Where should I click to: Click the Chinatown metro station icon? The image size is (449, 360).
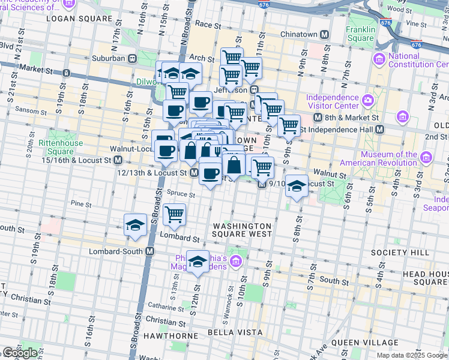[x=325, y=34]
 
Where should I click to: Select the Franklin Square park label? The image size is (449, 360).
[x=360, y=34]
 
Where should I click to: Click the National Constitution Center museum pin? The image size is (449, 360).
[x=379, y=59]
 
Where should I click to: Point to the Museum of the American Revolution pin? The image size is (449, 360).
[x=426, y=158]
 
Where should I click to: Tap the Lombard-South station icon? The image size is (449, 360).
[x=149, y=251]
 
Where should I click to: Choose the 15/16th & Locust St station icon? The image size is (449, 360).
[x=118, y=160]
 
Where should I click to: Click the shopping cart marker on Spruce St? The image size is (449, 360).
[x=174, y=214]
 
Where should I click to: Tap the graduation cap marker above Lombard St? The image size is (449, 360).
[x=136, y=225]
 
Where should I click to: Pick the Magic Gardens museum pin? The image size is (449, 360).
[x=236, y=261]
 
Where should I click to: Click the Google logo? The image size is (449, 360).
[x=20, y=353]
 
